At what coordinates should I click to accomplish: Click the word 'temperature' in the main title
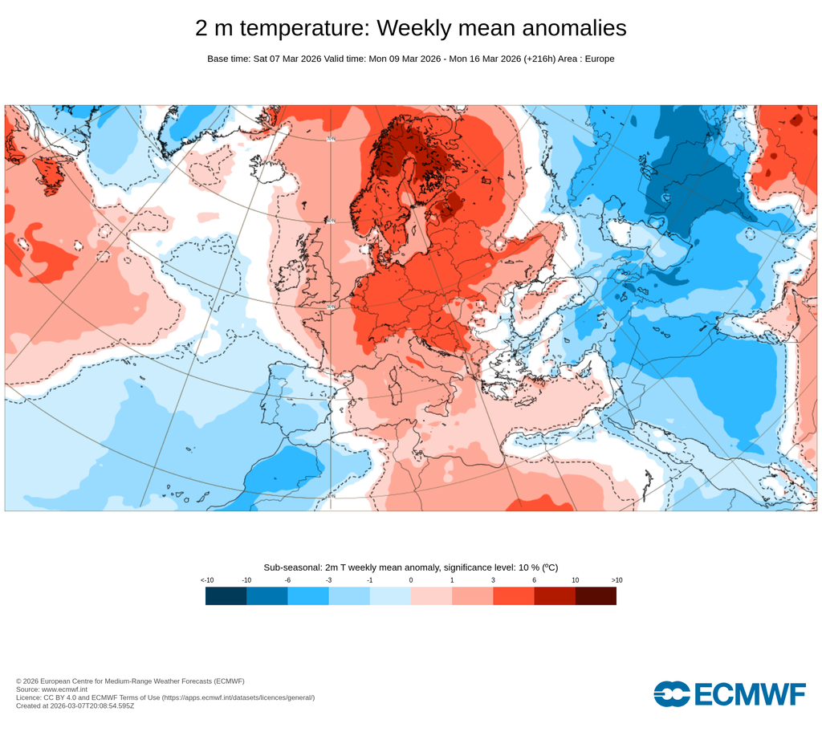[x=304, y=28]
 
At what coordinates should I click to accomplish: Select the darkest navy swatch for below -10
[x=226, y=596]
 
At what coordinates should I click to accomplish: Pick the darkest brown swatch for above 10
[x=596, y=596]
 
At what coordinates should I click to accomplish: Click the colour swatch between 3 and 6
[x=514, y=596]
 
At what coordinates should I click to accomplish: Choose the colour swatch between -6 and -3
[x=308, y=596]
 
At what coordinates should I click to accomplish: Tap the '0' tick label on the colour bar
[x=411, y=579]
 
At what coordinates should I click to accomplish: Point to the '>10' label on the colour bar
[x=616, y=579]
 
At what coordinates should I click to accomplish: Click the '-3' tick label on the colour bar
[x=328, y=579]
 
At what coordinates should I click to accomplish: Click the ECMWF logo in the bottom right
[x=729, y=693]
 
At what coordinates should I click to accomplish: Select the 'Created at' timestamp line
[x=75, y=706]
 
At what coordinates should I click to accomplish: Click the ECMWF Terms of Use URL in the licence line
[x=238, y=697]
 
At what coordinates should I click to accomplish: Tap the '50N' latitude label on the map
[x=330, y=306]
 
